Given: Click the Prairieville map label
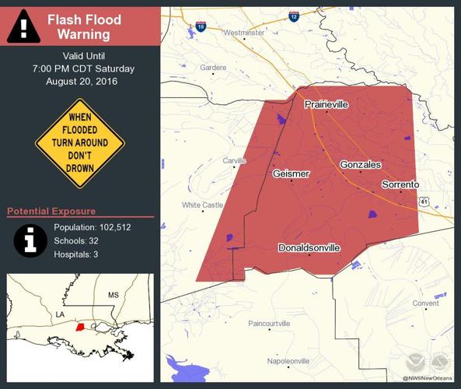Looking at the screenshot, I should click(326, 104).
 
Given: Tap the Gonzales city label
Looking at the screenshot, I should click(360, 165).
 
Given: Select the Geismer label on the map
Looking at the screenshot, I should click(292, 173).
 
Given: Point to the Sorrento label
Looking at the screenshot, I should click(400, 184).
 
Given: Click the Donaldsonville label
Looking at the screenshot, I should click(309, 248).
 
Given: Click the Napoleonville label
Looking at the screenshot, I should click(288, 362).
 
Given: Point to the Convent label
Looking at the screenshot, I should click(426, 303).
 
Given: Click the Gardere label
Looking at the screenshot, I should click(213, 68).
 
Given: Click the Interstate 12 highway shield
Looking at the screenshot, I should click(294, 16).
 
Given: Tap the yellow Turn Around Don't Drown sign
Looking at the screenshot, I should click(80, 143).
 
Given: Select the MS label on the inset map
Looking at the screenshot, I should click(114, 296).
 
